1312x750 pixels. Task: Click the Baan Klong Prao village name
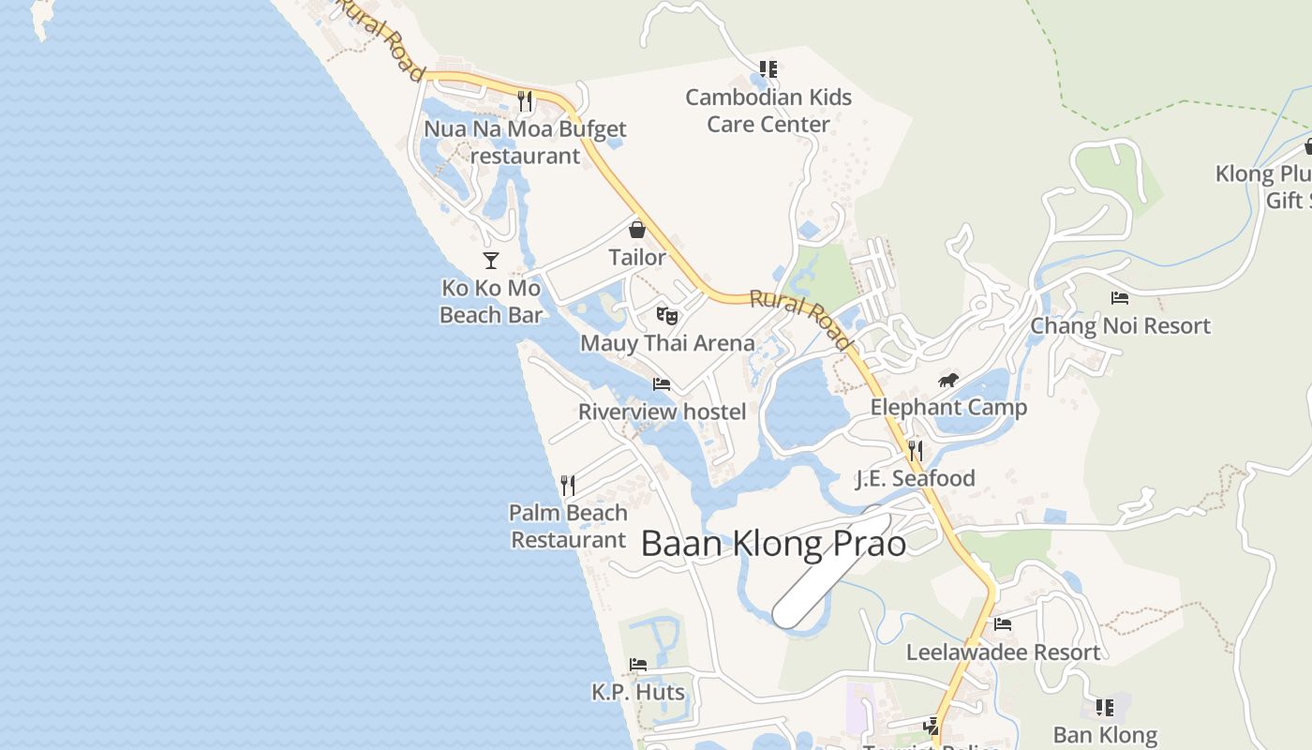pos(773,545)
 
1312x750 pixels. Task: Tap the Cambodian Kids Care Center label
pos(768,111)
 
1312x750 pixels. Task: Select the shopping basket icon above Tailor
pos(637,229)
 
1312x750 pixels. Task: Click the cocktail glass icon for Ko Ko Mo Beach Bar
pos(490,260)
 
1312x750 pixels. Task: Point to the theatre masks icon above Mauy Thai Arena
pos(666,315)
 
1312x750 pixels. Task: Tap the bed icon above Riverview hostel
pos(662,384)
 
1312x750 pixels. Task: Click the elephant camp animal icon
pos(948,380)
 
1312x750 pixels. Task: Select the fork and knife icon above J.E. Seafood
pos(916,451)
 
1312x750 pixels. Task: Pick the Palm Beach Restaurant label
pos(568,526)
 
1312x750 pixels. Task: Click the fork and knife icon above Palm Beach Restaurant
pos(568,485)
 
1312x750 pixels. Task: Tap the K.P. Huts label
pos(638,693)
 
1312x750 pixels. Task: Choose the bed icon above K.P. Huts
pos(638,665)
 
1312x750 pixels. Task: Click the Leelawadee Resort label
pos(1003,652)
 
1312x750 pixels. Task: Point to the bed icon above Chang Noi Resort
pos(1120,298)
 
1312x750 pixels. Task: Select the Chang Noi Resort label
pos(1120,326)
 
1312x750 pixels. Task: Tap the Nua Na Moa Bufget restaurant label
pos(525,142)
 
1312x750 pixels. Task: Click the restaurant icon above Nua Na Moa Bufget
pos(525,100)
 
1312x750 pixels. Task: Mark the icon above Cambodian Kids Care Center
pos(768,69)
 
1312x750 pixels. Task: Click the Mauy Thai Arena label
pos(667,343)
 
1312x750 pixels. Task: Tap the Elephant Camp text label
pos(948,408)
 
